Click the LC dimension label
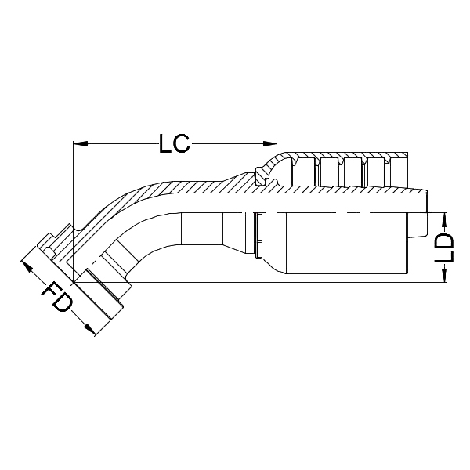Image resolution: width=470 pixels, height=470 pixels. tap(173, 144)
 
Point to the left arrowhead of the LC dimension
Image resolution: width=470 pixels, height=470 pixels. tap(78, 143)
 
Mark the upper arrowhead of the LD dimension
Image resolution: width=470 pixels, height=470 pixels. tap(444, 217)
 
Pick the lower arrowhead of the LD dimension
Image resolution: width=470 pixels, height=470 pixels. tap(444, 277)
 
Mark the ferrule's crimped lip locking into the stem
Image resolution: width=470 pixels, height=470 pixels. tap(264, 174)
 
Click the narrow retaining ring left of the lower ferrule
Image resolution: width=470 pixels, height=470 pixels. tap(258, 236)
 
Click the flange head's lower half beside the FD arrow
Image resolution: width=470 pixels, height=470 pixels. tap(98, 298)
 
